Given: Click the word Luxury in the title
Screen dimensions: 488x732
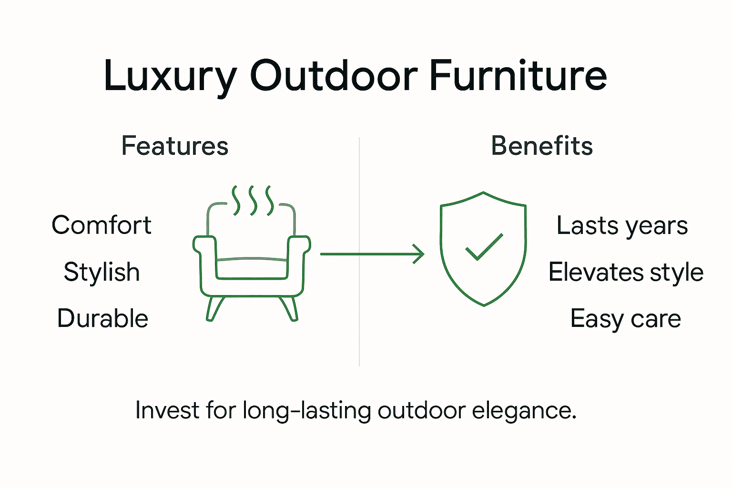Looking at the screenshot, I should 170,76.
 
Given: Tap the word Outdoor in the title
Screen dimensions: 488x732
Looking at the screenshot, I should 334,76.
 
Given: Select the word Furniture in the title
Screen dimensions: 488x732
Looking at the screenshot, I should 518,76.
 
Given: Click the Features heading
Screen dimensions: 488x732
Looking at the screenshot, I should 175,146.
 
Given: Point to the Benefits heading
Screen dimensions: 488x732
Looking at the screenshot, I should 542,146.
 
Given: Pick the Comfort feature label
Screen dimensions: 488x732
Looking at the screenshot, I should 102,225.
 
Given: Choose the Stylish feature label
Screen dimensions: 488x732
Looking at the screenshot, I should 102,272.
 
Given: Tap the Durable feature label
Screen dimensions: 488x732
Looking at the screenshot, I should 102,318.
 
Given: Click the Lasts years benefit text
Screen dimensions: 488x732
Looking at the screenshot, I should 622,225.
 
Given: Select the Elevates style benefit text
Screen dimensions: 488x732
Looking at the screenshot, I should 626,272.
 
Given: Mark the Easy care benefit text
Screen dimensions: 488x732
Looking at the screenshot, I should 625,318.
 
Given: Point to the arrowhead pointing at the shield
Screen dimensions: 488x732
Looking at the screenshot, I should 419,254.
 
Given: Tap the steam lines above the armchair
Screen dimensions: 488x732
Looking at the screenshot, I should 253,200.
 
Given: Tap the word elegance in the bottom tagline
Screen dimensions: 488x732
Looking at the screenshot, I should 524,410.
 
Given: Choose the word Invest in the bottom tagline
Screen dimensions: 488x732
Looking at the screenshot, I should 166,410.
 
